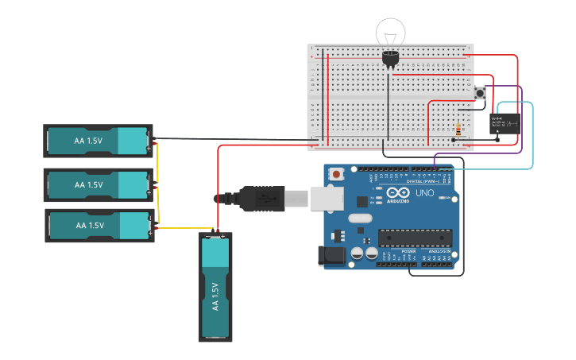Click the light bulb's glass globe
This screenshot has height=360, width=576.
coord(391,33)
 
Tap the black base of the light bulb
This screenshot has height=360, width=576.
coord(390,58)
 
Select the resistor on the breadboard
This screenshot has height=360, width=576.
coord(458,130)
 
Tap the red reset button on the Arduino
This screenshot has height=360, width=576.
coord(337,174)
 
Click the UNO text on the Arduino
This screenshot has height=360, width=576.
coord(424,193)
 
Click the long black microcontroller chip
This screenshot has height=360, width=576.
coord(415,238)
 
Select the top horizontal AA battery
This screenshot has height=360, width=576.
coord(98,141)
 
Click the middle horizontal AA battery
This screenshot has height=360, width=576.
coord(98,184)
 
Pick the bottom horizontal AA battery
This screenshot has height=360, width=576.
coord(99,225)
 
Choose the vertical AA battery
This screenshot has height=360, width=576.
coord(215,286)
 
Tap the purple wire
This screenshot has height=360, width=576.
coord(521,119)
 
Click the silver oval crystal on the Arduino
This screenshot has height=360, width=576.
coord(359,219)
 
